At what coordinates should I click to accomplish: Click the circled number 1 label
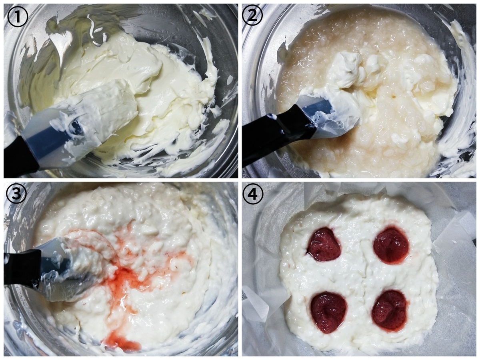click(18, 17)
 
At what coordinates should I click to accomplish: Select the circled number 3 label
click(16, 194)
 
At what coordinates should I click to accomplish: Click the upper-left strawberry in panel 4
click(324, 244)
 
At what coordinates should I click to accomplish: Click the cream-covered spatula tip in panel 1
click(116, 94)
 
